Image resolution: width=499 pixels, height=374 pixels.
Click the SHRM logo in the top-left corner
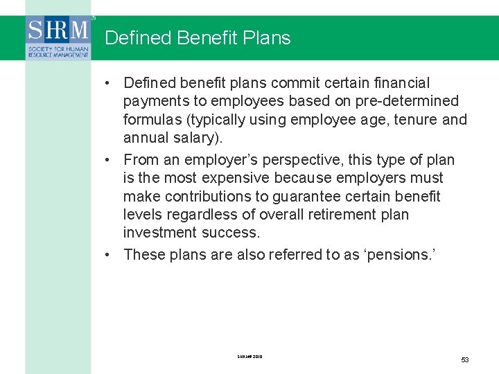click(x=58, y=38)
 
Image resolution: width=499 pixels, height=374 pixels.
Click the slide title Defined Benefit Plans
click(x=198, y=38)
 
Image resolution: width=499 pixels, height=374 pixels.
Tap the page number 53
click(x=465, y=359)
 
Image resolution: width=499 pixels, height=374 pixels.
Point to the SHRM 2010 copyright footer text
click(x=249, y=357)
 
